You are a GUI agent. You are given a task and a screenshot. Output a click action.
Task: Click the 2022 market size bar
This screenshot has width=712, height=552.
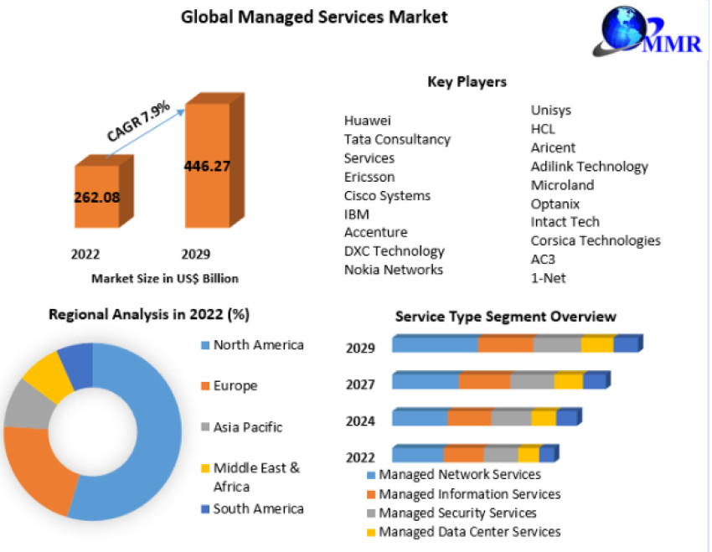coord(96,197)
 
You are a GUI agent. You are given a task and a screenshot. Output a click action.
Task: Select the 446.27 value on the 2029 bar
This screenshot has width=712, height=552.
coord(207,165)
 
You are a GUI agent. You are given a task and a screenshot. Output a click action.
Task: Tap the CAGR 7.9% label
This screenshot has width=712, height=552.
coord(139,121)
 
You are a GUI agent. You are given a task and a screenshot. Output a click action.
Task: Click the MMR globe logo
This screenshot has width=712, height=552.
coord(629,28)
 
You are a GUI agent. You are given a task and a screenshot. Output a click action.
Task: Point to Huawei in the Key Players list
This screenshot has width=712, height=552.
coord(368,121)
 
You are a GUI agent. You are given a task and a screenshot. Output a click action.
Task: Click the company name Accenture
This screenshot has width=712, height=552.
coord(375,232)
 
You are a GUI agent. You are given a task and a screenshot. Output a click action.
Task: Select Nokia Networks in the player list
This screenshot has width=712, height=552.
coord(394,269)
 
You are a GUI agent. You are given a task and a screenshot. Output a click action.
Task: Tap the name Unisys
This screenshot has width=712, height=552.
coord(551,110)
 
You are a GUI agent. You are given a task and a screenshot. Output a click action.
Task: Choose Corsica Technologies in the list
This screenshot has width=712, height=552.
coord(596,240)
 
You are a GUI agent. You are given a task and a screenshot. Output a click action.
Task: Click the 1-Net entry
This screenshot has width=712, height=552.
coord(548,277)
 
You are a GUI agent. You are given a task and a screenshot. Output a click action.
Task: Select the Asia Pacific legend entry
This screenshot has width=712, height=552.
coord(247,427)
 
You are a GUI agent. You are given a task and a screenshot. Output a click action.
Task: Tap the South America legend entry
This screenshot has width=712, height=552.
coord(258,508)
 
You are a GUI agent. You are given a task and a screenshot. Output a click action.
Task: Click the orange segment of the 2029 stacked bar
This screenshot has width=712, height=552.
coord(506,344)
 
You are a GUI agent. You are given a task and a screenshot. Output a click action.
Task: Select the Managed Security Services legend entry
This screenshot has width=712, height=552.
coord(457,513)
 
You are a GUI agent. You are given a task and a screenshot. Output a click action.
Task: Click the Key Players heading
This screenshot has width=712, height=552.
coord(467,82)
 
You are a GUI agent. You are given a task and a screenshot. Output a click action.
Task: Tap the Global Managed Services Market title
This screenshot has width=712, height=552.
coord(315,16)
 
